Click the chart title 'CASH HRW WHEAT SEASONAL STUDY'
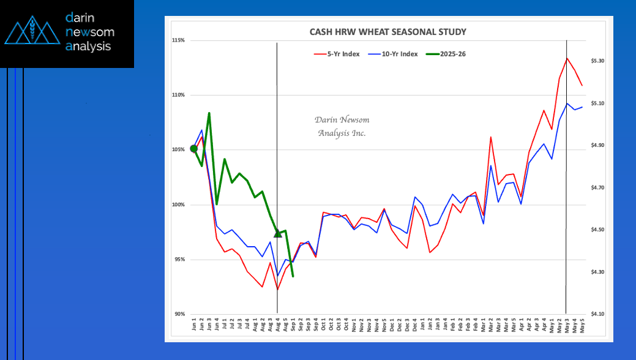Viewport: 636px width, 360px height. point(387,32)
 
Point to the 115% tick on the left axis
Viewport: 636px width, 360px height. point(179,40)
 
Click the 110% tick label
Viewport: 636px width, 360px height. point(179,95)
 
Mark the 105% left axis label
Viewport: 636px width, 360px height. point(179,150)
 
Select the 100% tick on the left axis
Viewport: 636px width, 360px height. point(179,204)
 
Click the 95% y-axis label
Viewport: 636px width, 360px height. point(179,260)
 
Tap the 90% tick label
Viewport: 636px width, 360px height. point(179,314)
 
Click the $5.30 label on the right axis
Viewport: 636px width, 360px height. point(597,61)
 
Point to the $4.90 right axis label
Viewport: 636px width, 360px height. point(597,146)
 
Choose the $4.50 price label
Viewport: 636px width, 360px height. point(597,230)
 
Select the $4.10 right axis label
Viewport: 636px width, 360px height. point(597,314)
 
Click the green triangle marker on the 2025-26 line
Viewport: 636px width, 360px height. point(278,233)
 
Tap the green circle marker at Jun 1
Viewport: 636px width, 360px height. point(194,148)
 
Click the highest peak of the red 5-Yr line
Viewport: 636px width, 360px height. point(567,58)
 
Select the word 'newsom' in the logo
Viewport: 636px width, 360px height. point(89,32)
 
